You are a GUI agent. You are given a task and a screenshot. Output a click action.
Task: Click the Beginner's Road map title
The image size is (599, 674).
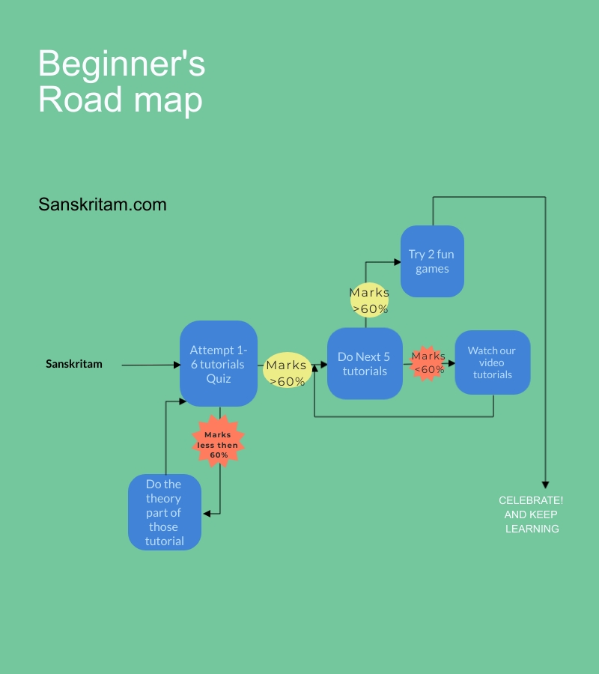coord(121,82)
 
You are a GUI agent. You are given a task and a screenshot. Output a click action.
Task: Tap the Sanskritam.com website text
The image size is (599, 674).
coord(103,204)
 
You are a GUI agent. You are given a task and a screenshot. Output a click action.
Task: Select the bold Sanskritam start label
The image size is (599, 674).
coord(74,364)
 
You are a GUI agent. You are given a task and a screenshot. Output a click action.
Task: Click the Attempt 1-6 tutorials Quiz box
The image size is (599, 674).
coord(219,363)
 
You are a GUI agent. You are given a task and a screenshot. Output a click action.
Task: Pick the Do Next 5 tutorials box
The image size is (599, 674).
coord(365,363)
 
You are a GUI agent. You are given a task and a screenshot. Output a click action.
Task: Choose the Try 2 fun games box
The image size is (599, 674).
coord(432,261)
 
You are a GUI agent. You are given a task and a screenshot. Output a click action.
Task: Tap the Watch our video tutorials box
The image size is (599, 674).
coord(492,362)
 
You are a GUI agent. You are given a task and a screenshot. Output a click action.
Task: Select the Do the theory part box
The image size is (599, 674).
coord(165,512)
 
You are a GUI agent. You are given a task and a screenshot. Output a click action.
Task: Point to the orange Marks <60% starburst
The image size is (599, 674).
coord(428,363)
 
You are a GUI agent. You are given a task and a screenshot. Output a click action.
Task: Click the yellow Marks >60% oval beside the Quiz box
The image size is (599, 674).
coord(287,371)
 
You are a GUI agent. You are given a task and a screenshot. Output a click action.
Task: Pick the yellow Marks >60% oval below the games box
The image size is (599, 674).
coord(369,300)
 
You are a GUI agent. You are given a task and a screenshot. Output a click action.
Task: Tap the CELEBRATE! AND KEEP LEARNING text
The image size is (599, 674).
coord(532,514)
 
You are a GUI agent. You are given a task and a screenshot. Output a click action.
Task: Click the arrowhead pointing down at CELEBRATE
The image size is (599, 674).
coord(545,485)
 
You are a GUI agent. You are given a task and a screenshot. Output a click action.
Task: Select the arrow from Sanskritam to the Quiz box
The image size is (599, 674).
coord(150,365)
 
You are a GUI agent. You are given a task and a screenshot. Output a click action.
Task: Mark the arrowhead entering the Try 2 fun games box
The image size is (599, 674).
coord(397,262)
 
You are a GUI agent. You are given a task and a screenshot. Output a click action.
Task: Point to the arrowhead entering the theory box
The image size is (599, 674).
coord(207,513)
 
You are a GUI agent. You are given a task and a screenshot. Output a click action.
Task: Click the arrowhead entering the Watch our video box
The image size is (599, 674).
coord(451,363)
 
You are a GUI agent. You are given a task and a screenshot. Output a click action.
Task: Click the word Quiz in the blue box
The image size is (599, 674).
coord(219,378)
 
